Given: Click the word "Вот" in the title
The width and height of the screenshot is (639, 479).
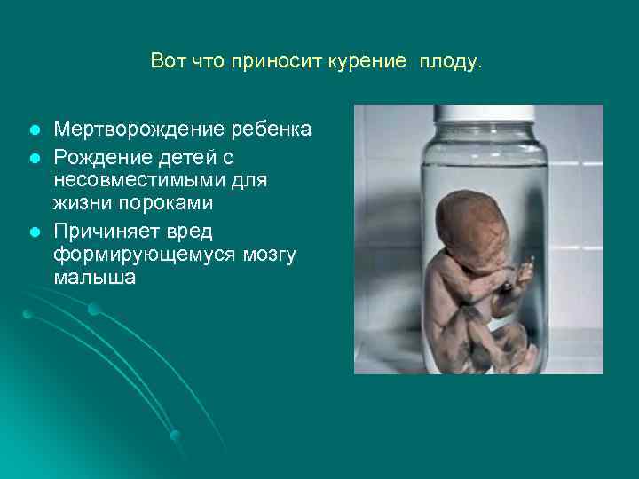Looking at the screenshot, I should point(167,61).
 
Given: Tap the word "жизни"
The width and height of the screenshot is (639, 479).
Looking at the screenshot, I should point(82,205).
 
